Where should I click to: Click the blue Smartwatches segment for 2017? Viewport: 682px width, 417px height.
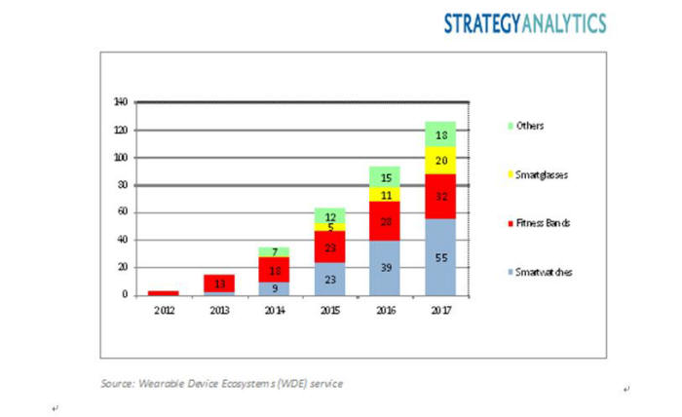[439, 257]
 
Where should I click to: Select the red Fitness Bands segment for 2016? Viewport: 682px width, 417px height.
[384, 222]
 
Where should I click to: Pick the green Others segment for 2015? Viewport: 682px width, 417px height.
[329, 215]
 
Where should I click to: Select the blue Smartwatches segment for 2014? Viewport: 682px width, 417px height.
[275, 288]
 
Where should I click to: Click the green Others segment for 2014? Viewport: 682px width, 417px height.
[275, 252]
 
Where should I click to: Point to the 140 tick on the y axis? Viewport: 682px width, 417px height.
[121, 102]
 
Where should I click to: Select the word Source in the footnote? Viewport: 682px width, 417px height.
[116, 384]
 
